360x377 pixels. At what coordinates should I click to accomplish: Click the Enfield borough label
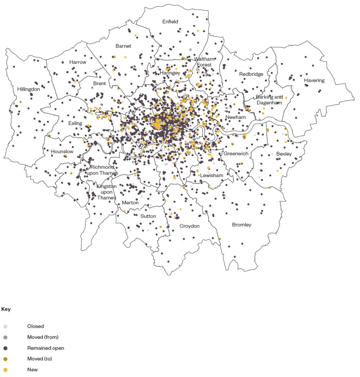click(170, 22)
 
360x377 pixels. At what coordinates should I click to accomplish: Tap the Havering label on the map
click(314, 80)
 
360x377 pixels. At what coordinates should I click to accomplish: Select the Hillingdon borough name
click(28, 89)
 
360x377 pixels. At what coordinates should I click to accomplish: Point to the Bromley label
click(242, 225)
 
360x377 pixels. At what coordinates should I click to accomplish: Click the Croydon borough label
click(189, 226)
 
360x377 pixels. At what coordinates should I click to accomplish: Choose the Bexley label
click(284, 154)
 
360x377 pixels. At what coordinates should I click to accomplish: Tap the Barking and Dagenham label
click(269, 100)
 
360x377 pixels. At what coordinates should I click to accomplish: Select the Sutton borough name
click(148, 216)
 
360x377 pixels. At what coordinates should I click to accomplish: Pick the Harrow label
click(78, 62)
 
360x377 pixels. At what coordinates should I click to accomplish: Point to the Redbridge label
click(251, 74)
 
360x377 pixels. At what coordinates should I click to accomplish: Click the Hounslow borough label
click(62, 152)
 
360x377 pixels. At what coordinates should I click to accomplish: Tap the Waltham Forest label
click(204, 62)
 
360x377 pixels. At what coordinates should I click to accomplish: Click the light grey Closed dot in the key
click(5, 327)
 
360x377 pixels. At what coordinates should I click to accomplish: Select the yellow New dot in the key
click(5, 370)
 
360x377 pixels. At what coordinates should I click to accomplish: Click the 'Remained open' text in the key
click(45, 348)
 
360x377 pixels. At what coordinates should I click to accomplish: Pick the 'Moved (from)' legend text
click(42, 337)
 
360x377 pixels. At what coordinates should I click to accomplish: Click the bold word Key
click(6, 309)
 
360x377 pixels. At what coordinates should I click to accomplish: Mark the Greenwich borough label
click(236, 154)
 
